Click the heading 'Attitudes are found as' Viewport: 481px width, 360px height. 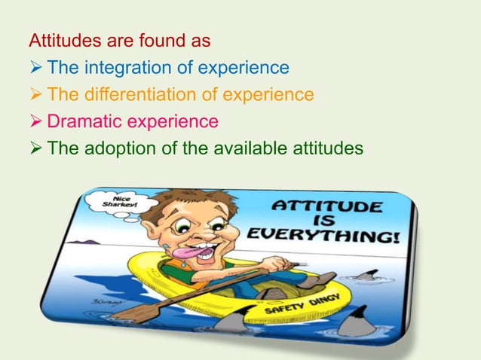tap(119, 41)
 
